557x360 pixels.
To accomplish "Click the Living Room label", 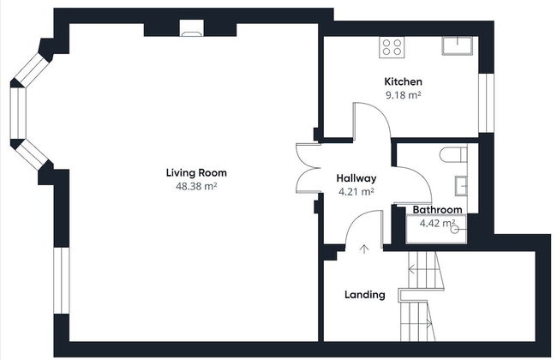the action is tap(196, 173).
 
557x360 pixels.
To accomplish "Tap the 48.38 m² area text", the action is tap(196, 186).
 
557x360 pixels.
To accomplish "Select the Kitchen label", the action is tap(404, 81).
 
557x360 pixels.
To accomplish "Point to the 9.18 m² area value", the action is tap(404, 95).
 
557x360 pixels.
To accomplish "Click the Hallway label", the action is tap(356, 178).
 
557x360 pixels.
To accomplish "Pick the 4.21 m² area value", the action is tap(356, 192).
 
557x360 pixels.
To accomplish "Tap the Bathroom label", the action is tap(437, 210).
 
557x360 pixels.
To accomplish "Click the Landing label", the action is tap(365, 295).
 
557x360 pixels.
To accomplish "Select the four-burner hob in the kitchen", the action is tap(392, 47).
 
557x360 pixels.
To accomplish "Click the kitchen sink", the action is tap(458, 45).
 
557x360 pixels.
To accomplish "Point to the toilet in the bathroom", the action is tap(453, 154).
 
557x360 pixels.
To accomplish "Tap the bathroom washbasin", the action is tap(461, 185).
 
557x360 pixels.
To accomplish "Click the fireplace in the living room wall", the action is tap(192, 28).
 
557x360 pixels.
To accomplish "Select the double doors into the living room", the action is tap(308, 168).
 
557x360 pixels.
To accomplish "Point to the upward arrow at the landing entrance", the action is tap(363, 249).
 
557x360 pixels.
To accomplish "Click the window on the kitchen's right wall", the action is tap(487, 103).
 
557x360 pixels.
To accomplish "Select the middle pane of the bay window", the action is tap(18, 113).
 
